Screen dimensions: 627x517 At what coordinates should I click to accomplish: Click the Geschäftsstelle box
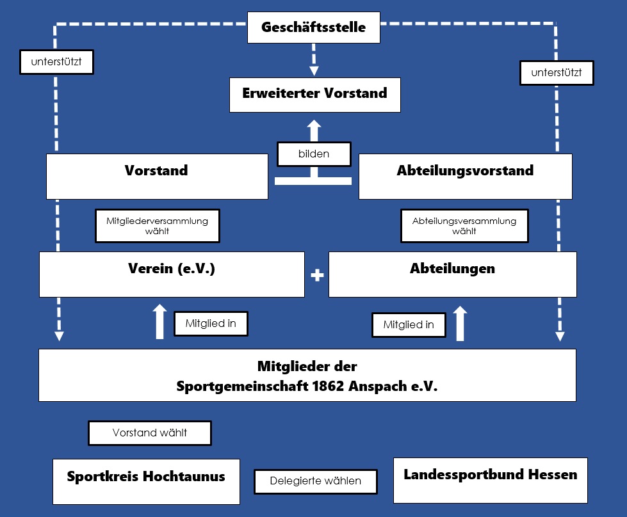pos(314,27)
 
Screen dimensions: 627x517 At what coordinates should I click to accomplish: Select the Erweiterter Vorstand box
pos(314,95)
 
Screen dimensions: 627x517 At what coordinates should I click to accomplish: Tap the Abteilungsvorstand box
pos(466,176)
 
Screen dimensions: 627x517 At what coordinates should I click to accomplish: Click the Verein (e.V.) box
pos(172,274)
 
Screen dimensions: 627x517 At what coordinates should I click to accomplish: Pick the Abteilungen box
pos(453,274)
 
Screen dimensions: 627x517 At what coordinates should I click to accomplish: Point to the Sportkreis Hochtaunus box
pos(147,481)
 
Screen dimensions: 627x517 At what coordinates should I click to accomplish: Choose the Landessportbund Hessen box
pos(490,481)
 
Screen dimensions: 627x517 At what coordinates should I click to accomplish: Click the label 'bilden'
pos(314,154)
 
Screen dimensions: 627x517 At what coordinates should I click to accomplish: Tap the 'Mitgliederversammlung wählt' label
pos(157,226)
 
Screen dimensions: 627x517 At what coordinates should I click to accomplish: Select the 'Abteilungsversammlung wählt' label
pos(464,226)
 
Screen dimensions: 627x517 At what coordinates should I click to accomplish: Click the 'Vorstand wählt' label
pos(150,433)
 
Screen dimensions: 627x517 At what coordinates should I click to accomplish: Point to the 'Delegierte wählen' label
pos(316,481)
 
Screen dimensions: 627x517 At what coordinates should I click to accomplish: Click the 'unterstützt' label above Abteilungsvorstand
pos(557,73)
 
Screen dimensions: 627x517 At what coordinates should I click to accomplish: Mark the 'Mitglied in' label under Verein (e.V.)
pos(211,323)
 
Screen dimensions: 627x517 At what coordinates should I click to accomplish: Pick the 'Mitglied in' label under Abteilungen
pos(409,325)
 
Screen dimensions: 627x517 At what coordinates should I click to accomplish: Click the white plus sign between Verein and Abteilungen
pos(317,275)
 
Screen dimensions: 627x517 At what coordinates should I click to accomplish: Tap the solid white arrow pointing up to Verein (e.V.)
pos(159,322)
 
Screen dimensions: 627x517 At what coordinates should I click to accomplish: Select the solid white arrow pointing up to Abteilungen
pos(460,323)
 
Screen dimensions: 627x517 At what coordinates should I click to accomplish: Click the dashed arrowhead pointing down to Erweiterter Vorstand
pos(314,71)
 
